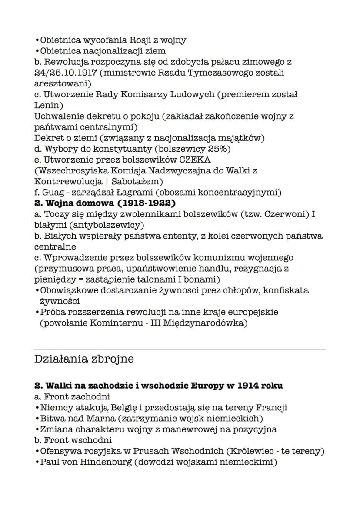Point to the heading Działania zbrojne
[x=83, y=359]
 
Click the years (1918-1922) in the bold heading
[x=139, y=203]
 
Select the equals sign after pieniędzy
[x=71, y=279]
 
